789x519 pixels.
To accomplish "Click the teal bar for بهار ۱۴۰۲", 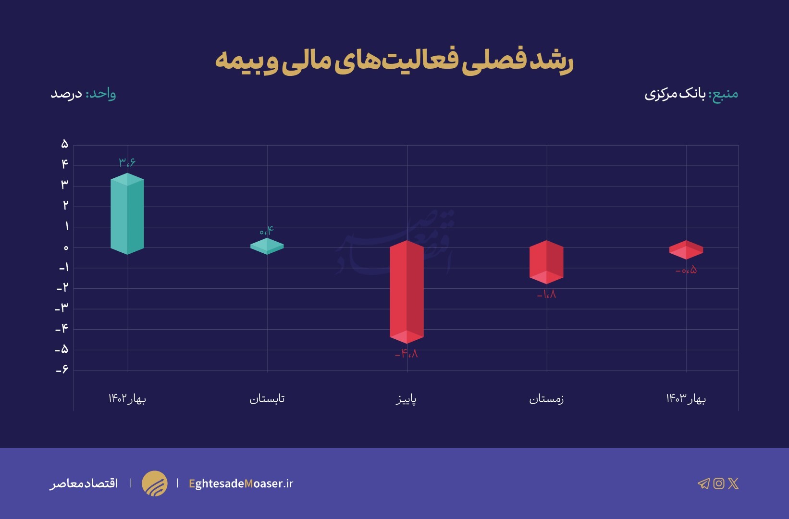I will pos(127,214).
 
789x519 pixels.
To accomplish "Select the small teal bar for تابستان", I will pos(267,246).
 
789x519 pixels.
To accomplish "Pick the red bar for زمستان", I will pos(546,262).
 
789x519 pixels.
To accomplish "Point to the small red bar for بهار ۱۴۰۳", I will pos(686,250).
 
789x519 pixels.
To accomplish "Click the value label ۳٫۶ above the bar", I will pos(127,162).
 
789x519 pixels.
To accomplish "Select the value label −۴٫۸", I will pos(407,354).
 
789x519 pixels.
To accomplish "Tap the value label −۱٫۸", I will pos(546,294).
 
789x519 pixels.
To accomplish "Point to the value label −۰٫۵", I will pos(686,271).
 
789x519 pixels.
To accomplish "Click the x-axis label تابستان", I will pos(267,399).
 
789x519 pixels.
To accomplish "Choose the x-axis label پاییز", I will pos(407,399).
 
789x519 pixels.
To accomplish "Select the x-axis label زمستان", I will pos(546,399).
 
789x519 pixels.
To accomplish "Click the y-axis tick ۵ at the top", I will pos(64,144).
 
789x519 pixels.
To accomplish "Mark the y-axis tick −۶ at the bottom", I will pos(62,370).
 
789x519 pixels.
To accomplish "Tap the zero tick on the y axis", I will pos(66,247).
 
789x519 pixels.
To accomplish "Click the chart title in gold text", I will pos(394,61).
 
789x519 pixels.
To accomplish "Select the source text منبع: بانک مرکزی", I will pos(691,94).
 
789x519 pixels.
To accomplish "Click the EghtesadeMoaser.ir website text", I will pos(241,483).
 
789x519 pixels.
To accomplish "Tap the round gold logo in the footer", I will pos(155,483).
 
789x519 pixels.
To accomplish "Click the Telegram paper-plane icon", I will pos(703,483).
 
